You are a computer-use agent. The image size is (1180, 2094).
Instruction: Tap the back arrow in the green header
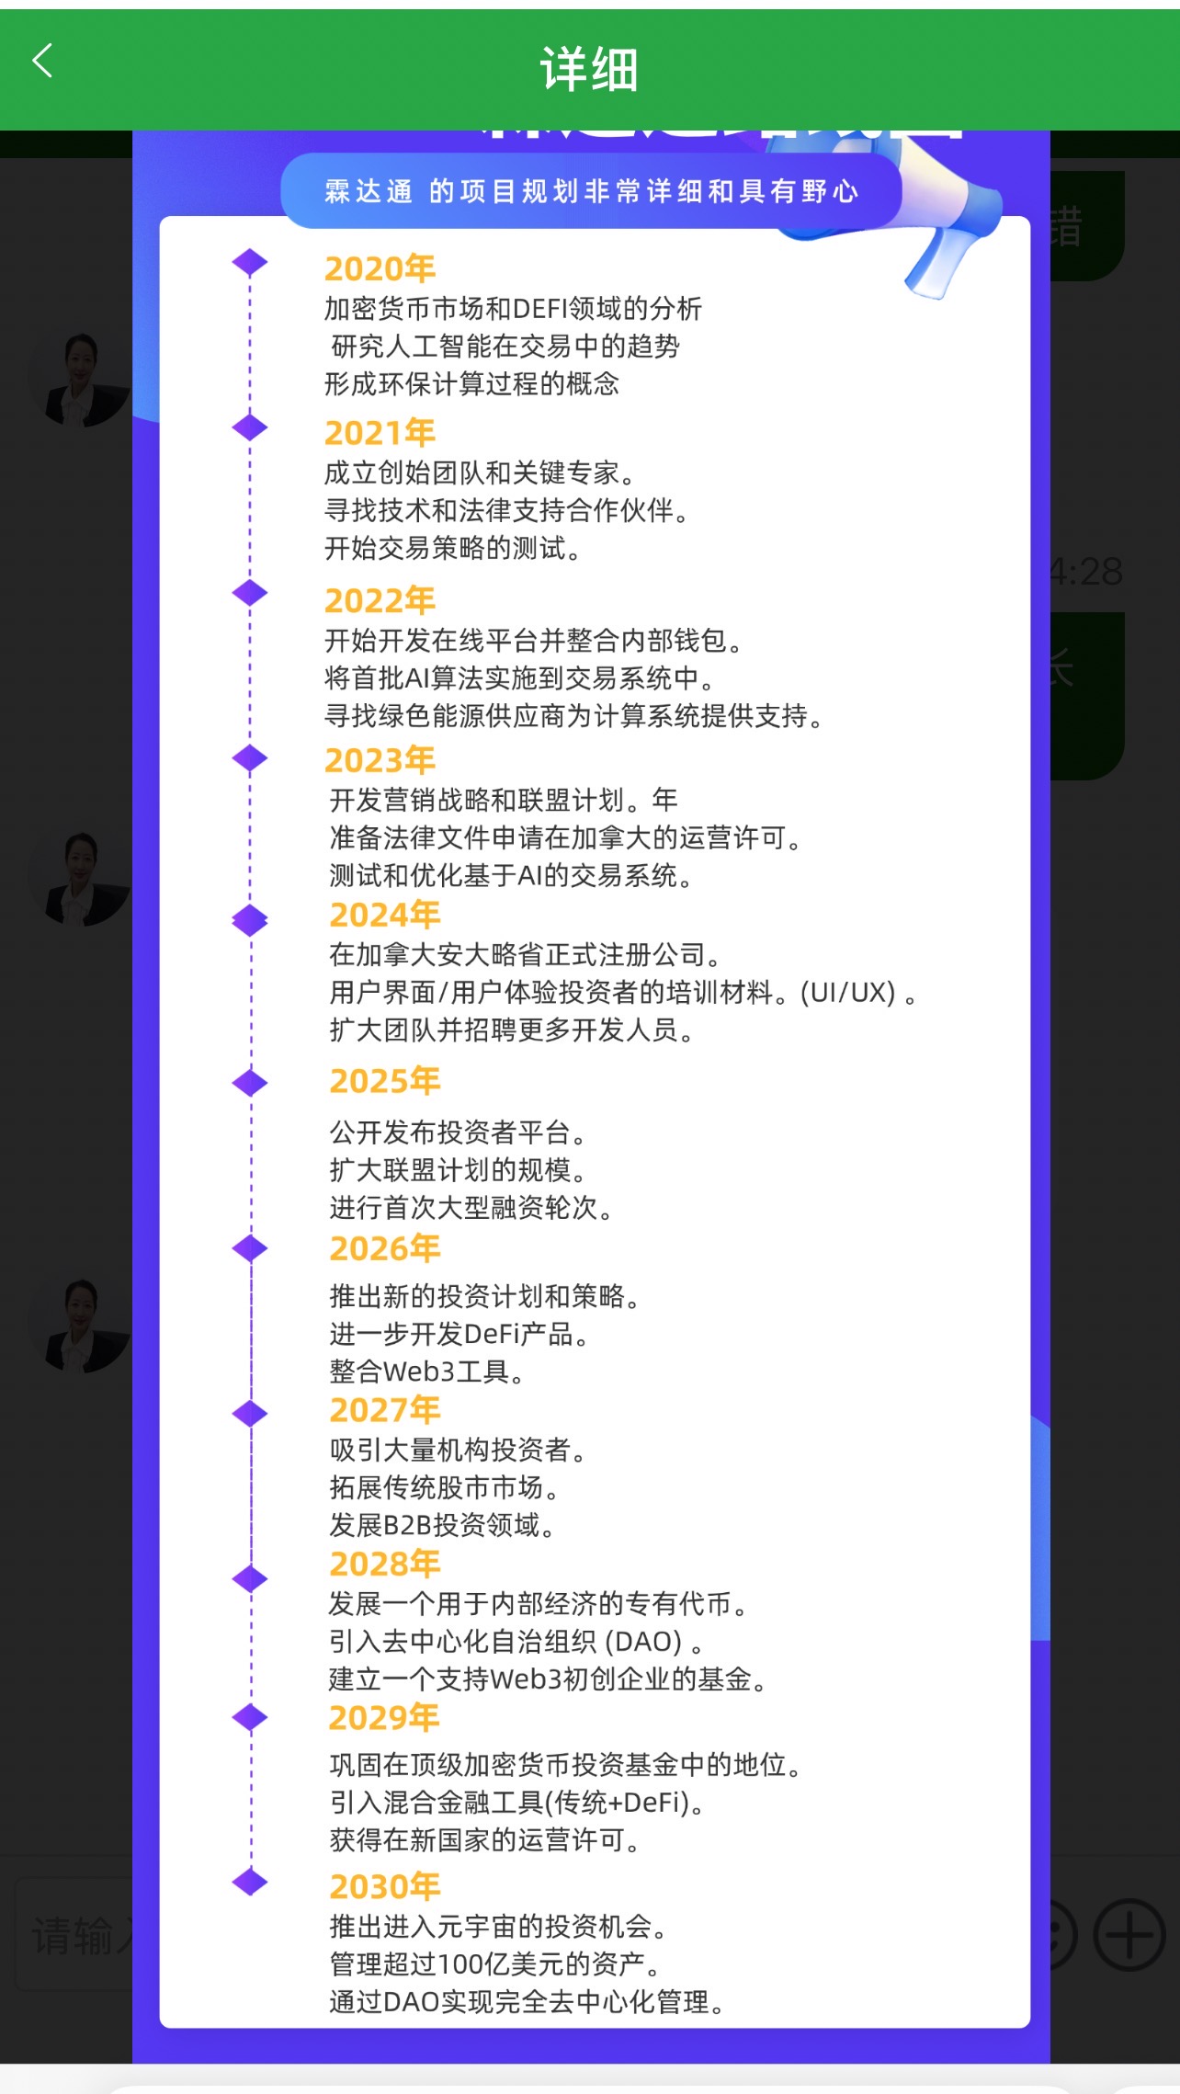42,62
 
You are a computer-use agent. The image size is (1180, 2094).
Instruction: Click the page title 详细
589,69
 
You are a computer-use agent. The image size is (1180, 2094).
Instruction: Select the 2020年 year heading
380,268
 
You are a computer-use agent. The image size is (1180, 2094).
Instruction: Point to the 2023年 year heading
380,760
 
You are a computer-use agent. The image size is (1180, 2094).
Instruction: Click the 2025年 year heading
384,1081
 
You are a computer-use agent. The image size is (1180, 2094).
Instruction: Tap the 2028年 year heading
384,1564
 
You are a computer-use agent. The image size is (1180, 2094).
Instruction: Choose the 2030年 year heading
384,1886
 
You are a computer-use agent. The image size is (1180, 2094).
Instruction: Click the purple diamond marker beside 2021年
250,427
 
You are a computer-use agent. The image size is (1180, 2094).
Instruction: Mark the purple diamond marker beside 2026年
250,1248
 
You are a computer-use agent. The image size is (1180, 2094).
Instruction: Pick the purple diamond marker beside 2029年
250,1717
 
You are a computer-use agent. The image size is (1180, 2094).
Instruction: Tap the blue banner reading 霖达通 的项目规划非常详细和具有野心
590,191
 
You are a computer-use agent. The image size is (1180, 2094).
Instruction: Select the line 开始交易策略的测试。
452,549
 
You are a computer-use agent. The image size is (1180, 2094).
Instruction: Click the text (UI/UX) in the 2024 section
847,993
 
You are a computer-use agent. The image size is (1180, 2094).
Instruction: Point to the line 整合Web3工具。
427,1371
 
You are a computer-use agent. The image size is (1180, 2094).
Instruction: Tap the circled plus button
1129,1935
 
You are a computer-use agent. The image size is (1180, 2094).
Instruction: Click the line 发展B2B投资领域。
443,1525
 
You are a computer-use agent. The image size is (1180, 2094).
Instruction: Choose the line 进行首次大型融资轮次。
471,1207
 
